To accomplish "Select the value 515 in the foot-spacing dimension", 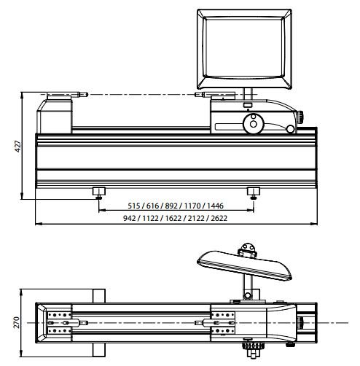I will coord(134,206).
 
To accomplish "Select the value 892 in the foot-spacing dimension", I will coord(173,206).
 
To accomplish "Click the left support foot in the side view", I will coord(98,192).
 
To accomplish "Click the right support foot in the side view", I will coord(254,192).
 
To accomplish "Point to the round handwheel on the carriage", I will coord(254,125).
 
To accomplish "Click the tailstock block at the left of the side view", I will coord(57,116).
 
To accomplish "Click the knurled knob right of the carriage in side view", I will coord(299,115).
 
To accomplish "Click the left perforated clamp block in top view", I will coord(59,322).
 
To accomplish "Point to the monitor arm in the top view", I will coord(249,287).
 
